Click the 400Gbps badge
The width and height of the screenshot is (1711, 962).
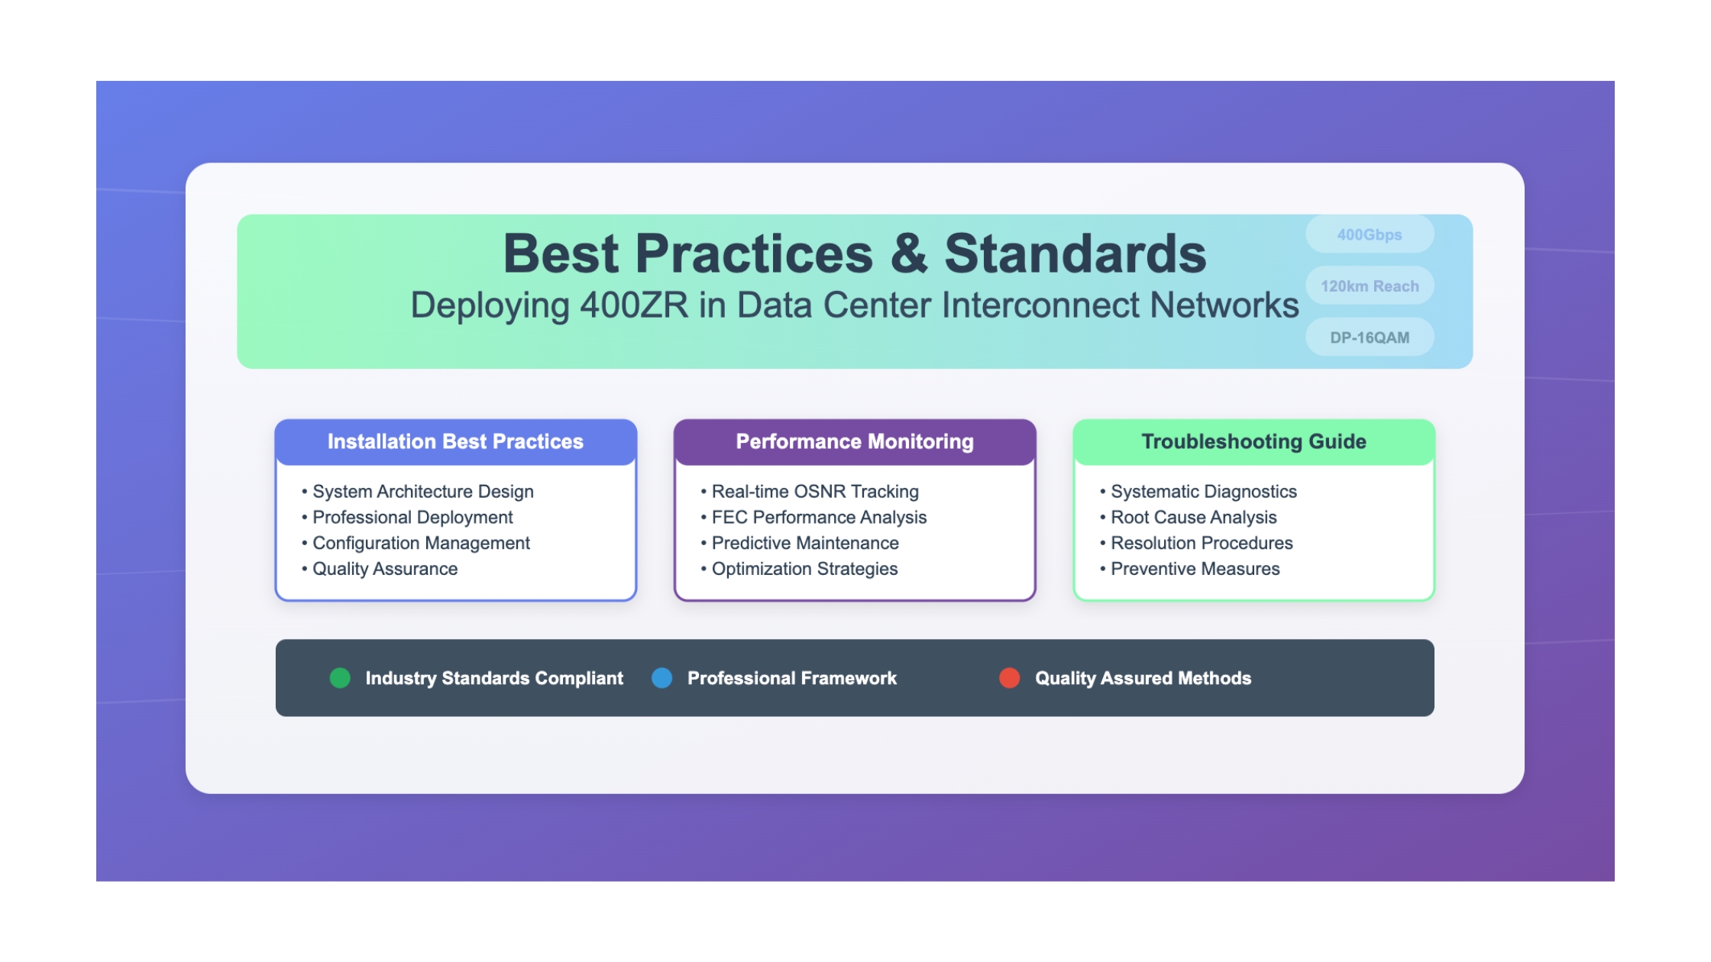[1370, 234]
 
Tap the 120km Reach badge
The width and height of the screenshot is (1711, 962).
[1370, 286]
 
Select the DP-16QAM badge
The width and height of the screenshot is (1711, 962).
[1370, 337]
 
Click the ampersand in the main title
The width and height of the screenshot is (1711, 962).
[909, 253]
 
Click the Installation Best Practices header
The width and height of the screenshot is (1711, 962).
[456, 442]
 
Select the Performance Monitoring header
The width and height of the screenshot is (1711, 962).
[855, 442]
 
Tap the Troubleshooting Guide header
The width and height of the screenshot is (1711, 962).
[1254, 442]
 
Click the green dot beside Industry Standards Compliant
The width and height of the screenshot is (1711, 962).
[340, 678]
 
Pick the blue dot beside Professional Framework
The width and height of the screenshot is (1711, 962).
[662, 678]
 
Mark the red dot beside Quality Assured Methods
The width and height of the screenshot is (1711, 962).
[1010, 678]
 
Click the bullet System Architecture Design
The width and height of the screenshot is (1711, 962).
[418, 492]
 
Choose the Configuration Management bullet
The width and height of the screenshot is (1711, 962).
[416, 543]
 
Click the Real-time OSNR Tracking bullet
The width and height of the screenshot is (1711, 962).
[810, 492]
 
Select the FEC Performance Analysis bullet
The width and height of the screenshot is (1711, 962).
[813, 518]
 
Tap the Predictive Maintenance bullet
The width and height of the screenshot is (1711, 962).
[800, 543]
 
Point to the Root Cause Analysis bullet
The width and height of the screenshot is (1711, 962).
[1189, 518]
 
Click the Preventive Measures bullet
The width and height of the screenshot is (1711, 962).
[1190, 569]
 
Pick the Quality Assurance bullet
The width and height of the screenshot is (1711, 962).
[380, 569]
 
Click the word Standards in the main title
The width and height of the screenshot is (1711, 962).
[1075, 253]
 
